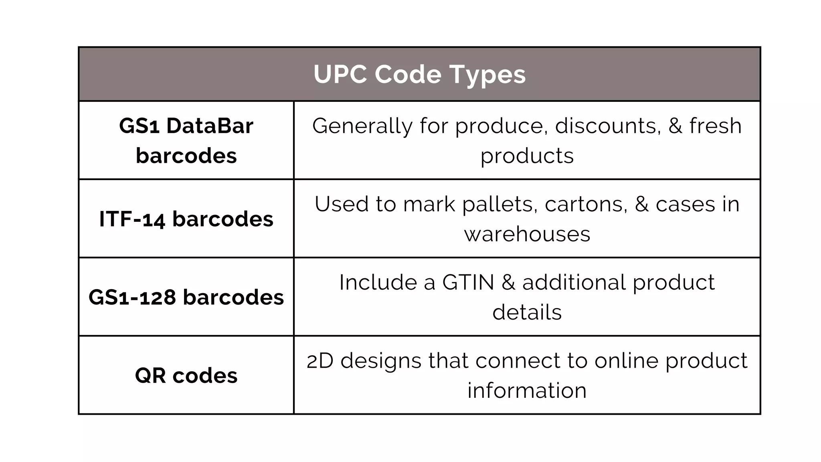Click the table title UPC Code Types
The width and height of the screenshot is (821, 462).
click(x=419, y=75)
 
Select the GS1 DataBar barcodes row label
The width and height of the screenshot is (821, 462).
click(x=186, y=140)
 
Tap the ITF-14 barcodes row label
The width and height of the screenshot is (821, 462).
click(x=186, y=219)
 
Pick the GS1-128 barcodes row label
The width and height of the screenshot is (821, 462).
click(x=186, y=297)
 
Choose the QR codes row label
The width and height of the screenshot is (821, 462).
click(x=186, y=375)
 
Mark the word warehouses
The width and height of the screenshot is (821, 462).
click(x=527, y=234)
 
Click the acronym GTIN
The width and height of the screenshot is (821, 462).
click(x=468, y=282)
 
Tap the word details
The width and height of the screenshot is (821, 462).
click(x=527, y=312)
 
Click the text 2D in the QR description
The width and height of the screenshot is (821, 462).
click(x=320, y=361)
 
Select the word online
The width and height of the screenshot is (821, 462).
click(x=626, y=361)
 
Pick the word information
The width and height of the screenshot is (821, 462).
click(x=527, y=391)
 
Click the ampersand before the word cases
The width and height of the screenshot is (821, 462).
click(x=641, y=205)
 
